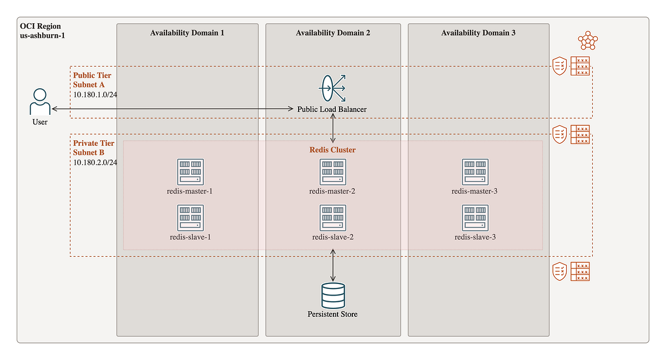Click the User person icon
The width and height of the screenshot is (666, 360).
39,101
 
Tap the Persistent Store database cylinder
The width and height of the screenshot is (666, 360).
333,295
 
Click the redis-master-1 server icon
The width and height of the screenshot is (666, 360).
190,172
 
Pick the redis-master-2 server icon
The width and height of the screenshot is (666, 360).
333,172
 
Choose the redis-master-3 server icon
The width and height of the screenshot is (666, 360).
475,172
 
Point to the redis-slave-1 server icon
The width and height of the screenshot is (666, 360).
190,218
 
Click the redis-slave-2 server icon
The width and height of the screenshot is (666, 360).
333,218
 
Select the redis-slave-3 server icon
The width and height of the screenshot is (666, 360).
475,218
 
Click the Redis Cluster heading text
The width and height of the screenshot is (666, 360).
332,150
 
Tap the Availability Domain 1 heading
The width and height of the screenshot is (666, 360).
187,33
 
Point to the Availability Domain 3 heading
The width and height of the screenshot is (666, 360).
478,33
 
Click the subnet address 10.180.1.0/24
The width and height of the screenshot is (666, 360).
95,94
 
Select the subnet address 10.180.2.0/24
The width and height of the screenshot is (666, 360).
95,163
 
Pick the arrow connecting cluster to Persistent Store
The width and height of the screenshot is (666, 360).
333,266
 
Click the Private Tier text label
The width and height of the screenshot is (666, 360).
94,143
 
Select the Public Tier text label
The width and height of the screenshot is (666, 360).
92,75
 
